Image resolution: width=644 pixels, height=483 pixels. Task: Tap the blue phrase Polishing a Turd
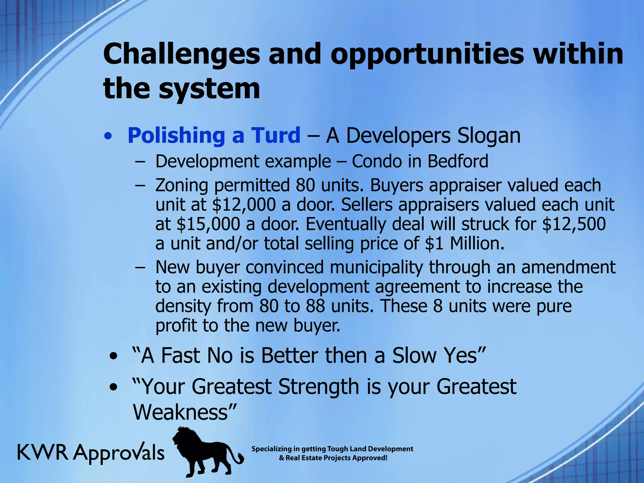pyautogui.click(x=214, y=136)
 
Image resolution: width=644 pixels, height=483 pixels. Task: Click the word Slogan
pyautogui.click(x=489, y=136)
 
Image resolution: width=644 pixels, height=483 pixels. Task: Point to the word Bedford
pyautogui.click(x=458, y=161)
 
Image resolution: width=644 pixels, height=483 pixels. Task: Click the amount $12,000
pyautogui.click(x=244, y=205)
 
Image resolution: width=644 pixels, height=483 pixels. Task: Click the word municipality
pyautogui.click(x=376, y=267)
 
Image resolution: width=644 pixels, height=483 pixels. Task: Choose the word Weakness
pyautogui.click(x=180, y=412)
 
